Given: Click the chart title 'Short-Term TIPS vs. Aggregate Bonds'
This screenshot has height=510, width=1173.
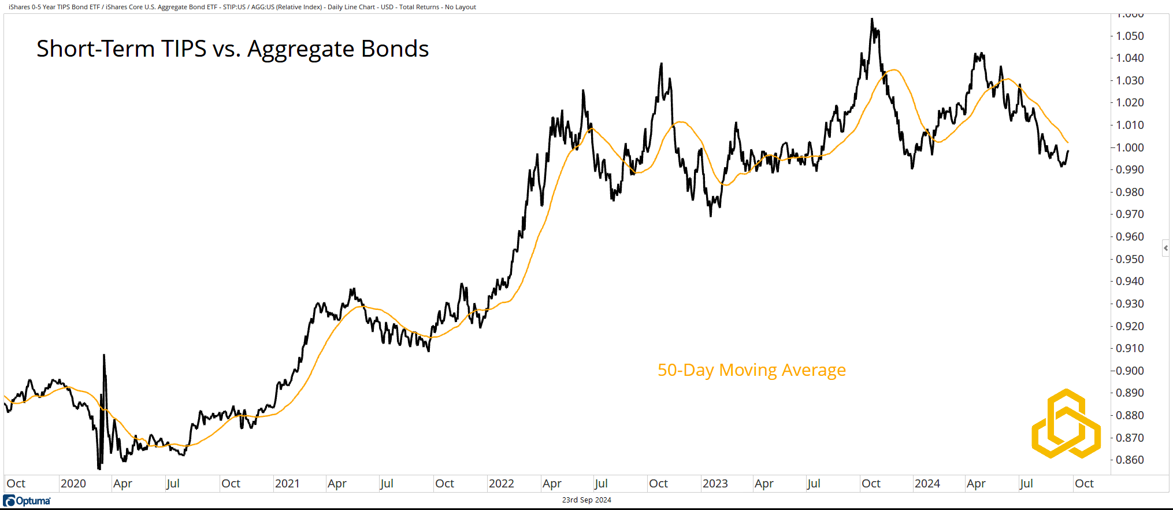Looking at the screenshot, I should click(x=232, y=49).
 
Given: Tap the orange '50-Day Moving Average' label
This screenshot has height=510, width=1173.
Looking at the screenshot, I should click(x=751, y=370).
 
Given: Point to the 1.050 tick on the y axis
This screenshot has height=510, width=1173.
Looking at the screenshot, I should click(x=1130, y=36).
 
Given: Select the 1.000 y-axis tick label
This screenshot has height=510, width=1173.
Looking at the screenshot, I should click(x=1130, y=147).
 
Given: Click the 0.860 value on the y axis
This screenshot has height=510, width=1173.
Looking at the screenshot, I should click(x=1130, y=460).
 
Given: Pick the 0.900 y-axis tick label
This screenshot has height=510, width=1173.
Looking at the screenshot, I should click(x=1130, y=371).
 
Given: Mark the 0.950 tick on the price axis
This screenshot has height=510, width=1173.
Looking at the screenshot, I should click(x=1130, y=259).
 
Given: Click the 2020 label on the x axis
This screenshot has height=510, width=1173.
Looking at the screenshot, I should click(x=73, y=483).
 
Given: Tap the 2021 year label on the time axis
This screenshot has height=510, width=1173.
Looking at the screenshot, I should click(x=287, y=483).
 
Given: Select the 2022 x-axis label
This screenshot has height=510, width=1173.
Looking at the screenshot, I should click(x=501, y=483).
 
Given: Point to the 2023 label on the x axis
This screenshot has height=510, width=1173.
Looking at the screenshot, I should click(x=715, y=483).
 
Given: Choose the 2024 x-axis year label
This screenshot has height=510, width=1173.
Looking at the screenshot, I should click(x=927, y=483).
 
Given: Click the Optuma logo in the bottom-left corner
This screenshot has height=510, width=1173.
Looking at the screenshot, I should click(x=27, y=501).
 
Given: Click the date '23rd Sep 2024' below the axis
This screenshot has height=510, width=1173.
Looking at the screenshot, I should click(x=586, y=500).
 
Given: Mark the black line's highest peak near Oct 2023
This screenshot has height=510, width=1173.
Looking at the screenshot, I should click(x=872, y=19).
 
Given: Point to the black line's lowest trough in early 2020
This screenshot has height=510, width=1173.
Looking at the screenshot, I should click(x=99, y=469).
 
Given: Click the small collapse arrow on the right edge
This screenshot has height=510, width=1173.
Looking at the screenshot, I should click(x=1165, y=248).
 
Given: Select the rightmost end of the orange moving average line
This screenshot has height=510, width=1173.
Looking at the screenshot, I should click(x=1068, y=142).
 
